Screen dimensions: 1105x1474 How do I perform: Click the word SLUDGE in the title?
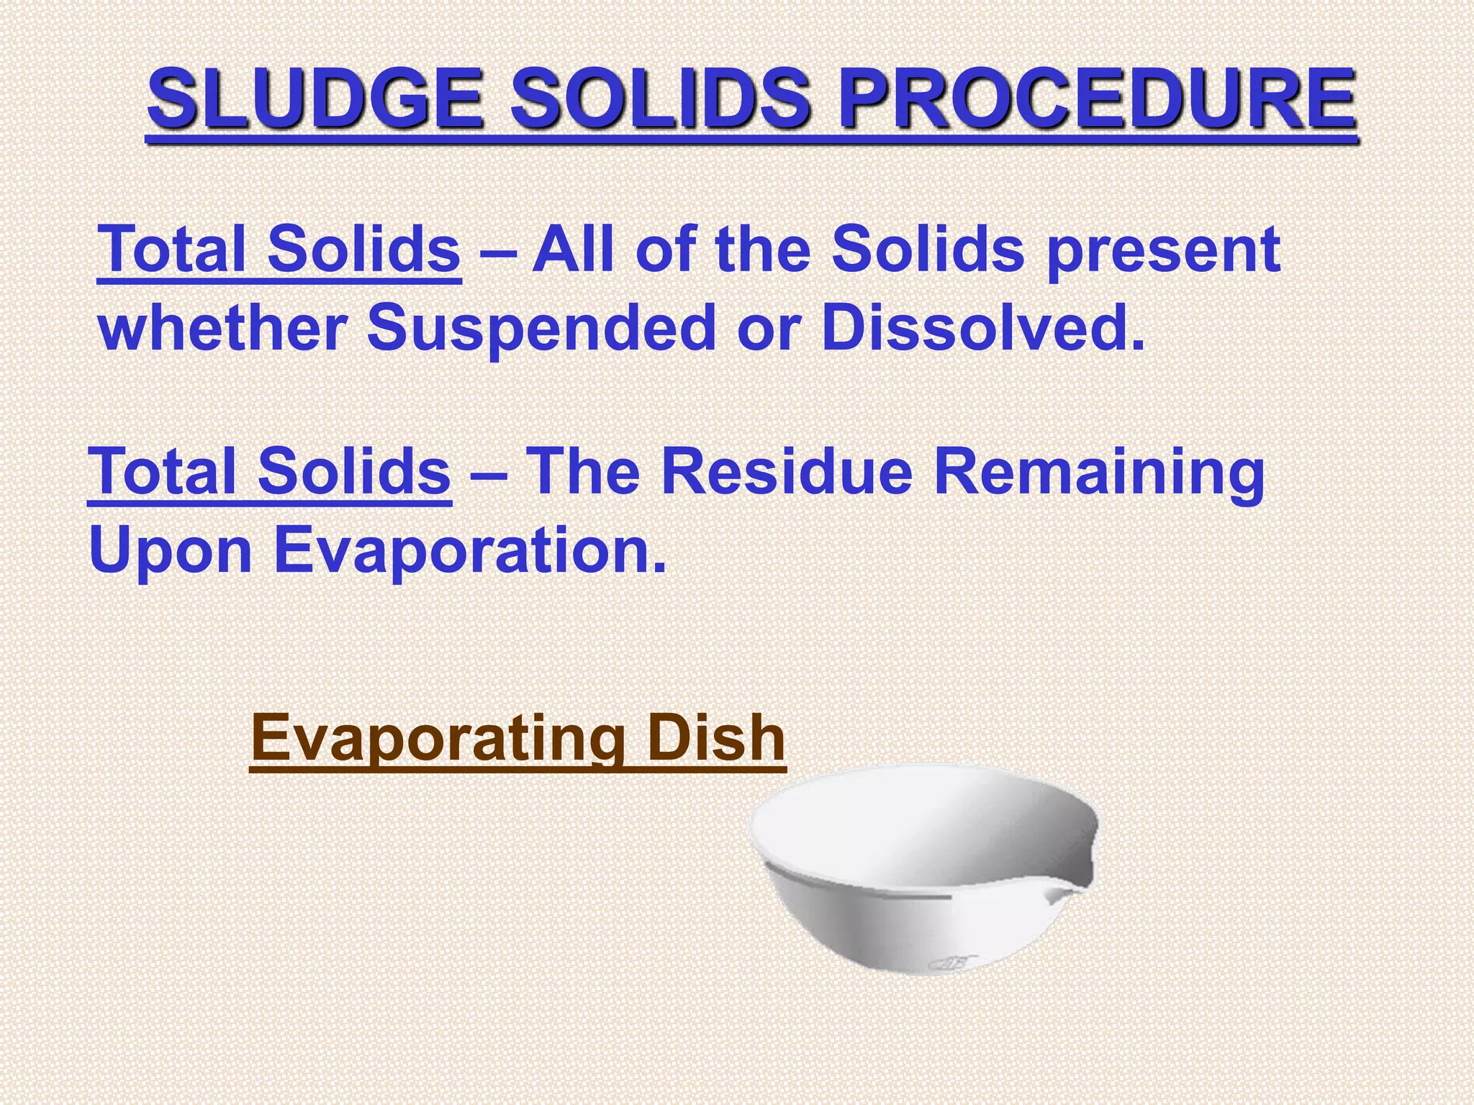(x=315, y=99)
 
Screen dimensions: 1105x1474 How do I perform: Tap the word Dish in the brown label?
(x=715, y=738)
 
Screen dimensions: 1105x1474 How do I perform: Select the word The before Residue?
(x=583, y=473)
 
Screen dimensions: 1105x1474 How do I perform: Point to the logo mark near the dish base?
(x=953, y=963)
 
